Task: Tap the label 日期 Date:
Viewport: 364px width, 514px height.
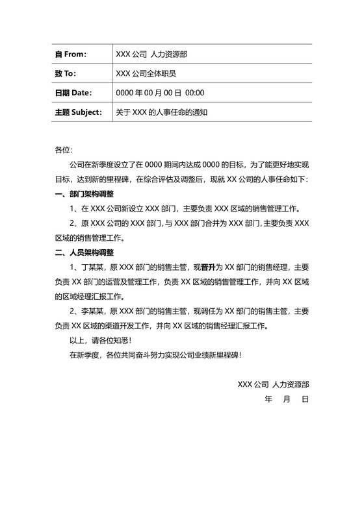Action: click(73, 93)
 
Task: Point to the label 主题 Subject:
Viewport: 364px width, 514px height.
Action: click(79, 112)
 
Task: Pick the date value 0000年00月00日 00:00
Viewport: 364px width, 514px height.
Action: click(160, 93)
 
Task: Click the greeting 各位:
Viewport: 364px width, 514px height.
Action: click(64, 151)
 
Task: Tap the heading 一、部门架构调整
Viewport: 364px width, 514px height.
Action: click(84, 193)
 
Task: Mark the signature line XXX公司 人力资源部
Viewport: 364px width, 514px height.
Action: click(273, 385)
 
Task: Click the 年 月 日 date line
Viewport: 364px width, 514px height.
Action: click(287, 400)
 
